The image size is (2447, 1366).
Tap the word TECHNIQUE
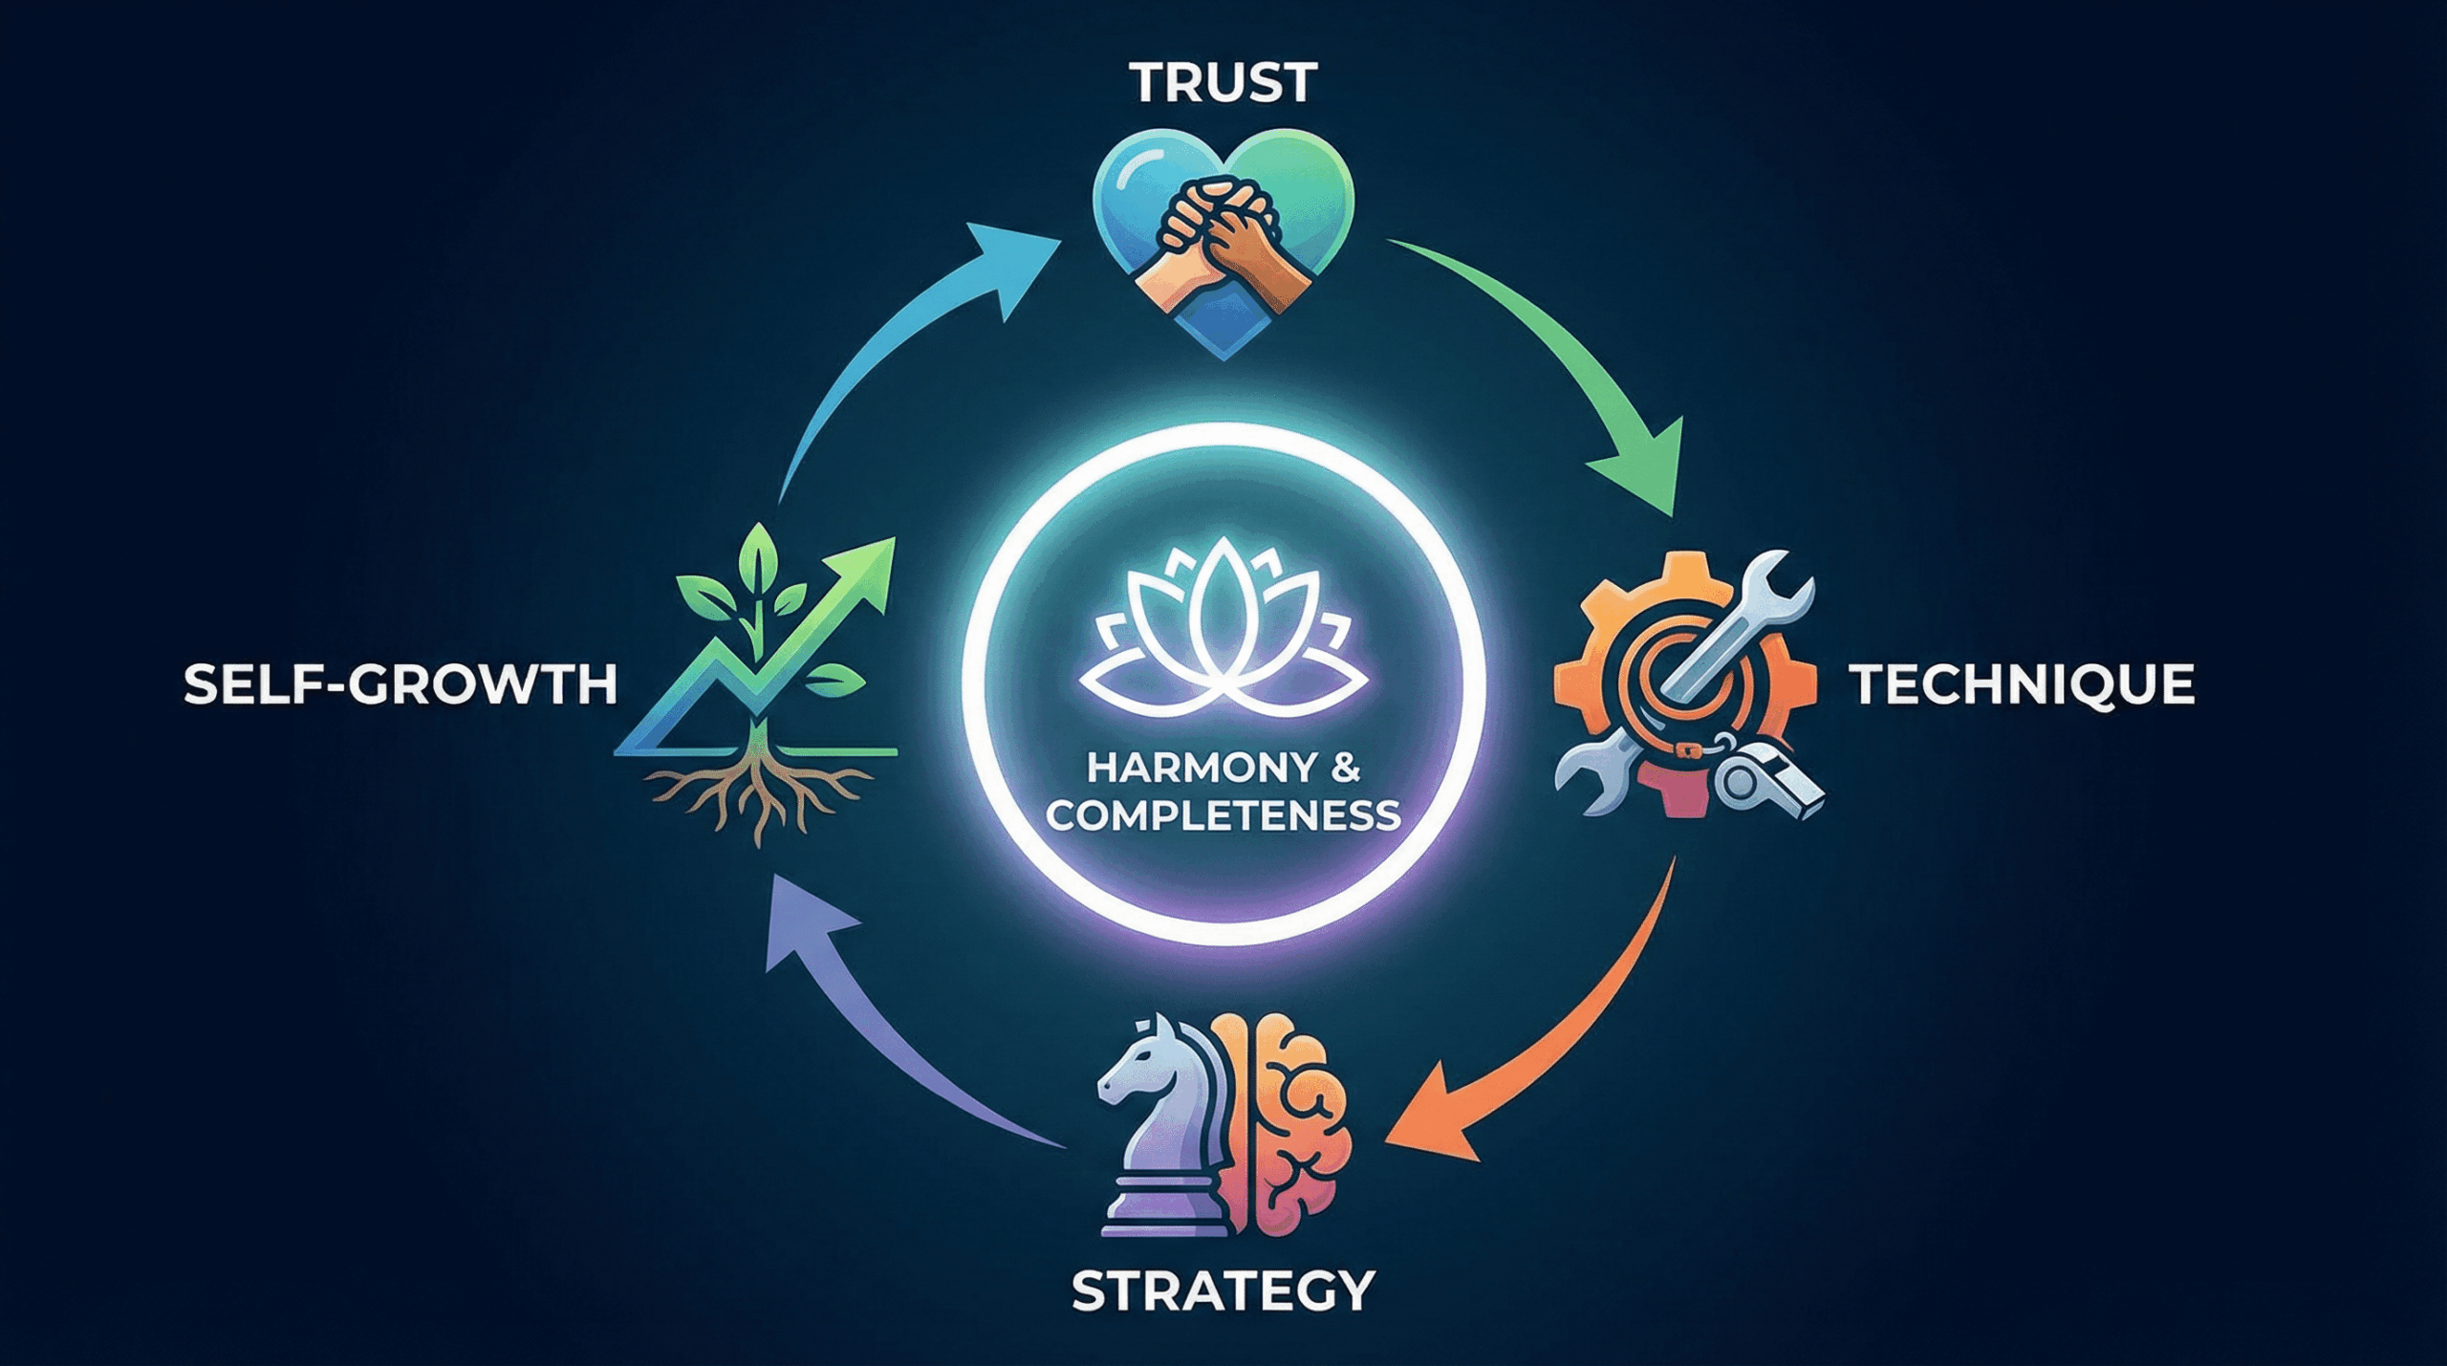[x=2022, y=684]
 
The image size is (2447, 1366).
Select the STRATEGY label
[x=1223, y=1291]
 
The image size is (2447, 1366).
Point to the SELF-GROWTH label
[x=401, y=685]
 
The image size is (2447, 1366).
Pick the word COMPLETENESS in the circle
[x=1223, y=815]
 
